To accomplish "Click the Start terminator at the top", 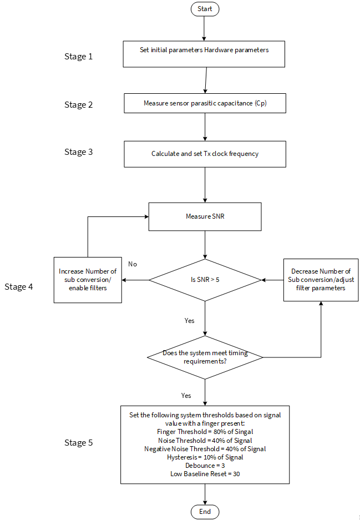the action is click(x=205, y=9).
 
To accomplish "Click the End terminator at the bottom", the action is click(x=205, y=512).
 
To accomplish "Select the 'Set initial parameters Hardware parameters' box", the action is click(x=204, y=54).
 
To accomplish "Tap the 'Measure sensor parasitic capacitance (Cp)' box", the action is click(x=205, y=103).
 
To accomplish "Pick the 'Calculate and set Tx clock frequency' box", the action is click(x=205, y=154).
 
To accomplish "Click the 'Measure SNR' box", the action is click(x=205, y=216).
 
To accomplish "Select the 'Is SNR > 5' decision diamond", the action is click(x=205, y=280).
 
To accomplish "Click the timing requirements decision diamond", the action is click(x=205, y=357).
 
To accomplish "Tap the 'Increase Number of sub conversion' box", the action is click(x=88, y=280).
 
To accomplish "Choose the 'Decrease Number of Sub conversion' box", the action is click(x=321, y=280).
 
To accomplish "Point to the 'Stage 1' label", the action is click(x=79, y=57).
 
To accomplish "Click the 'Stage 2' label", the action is click(x=79, y=105).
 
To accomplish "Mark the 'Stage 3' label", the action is click(x=79, y=152).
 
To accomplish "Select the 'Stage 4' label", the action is click(x=18, y=287).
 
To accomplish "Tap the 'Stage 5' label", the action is click(x=79, y=443).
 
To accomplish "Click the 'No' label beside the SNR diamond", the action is click(x=133, y=264).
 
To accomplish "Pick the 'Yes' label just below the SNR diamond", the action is click(x=189, y=321).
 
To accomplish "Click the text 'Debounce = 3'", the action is click(x=205, y=466).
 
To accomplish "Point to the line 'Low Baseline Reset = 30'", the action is click(x=205, y=474).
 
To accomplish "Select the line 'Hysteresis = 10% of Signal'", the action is click(x=205, y=457).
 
